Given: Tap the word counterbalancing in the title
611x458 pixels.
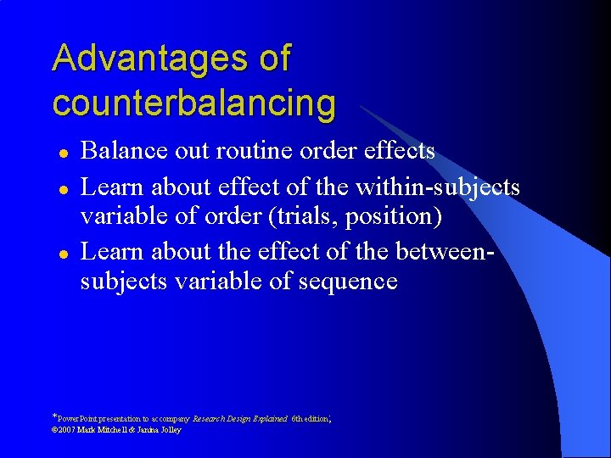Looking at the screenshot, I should tap(193, 103).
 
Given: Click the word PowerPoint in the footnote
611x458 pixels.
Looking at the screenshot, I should tap(80, 419).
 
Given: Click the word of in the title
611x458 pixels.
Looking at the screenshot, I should tap(274, 59).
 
